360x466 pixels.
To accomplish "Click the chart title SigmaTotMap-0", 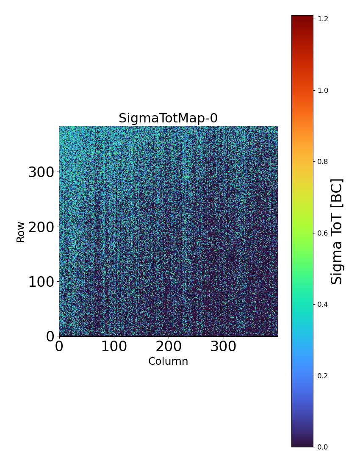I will click(x=168, y=118).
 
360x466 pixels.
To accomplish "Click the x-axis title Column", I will click(x=168, y=361).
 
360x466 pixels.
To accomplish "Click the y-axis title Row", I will click(x=21, y=232).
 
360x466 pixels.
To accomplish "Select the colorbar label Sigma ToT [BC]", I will click(x=337, y=231).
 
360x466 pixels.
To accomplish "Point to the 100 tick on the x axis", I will click(x=114, y=347).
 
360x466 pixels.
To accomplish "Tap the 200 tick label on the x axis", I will click(x=169, y=347).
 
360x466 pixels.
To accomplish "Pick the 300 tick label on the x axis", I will click(x=223, y=347).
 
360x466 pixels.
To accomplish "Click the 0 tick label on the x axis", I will click(x=59, y=347).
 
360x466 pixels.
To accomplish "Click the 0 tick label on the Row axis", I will click(x=50, y=336).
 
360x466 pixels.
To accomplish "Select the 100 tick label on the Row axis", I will click(x=42, y=282).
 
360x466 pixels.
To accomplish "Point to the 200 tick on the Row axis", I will click(x=42, y=227).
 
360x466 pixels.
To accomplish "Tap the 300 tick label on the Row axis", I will click(x=42, y=172).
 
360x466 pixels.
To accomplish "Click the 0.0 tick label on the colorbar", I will click(x=323, y=447).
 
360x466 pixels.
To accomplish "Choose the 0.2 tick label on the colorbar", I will click(x=323, y=376).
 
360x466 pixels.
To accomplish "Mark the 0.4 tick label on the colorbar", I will click(x=323, y=304).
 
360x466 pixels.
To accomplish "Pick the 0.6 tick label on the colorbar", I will click(x=323, y=233).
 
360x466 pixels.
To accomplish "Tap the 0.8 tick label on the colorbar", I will click(x=323, y=161).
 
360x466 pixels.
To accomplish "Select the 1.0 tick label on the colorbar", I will click(x=323, y=90).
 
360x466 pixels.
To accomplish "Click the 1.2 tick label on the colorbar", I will click(x=323, y=19).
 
